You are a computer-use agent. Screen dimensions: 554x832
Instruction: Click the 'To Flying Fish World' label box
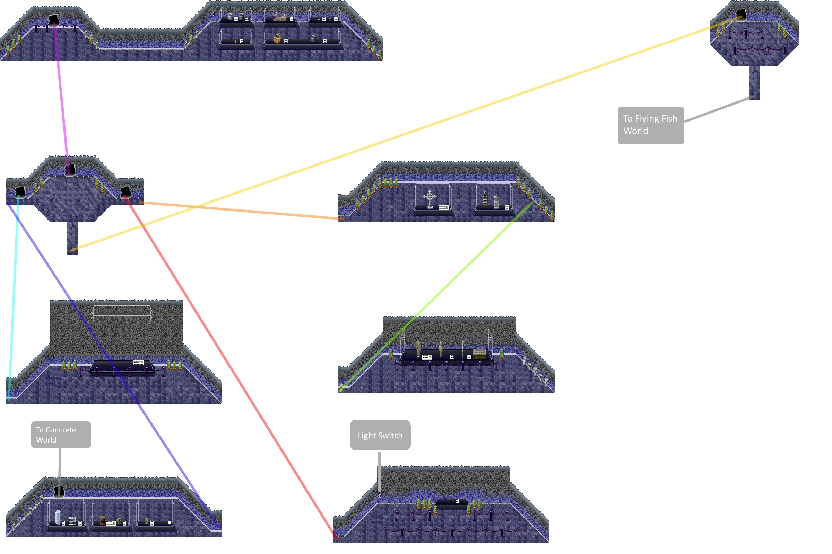pos(651,125)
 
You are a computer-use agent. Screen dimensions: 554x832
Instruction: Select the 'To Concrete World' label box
pos(61,435)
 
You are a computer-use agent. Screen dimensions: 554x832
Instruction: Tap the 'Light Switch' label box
pos(380,435)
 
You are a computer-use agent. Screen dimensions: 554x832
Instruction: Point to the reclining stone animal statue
pos(280,17)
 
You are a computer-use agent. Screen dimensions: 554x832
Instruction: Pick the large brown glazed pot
pos(277,38)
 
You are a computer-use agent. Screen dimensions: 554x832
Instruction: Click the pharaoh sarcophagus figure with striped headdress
pos(418,349)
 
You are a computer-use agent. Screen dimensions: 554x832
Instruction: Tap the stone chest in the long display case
pos(479,353)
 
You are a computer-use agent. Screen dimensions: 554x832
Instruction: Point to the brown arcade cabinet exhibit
pos(102,520)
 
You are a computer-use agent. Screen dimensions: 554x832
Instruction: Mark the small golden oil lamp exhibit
pos(236,42)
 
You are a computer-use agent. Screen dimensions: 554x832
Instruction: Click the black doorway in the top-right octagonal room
pos(741,15)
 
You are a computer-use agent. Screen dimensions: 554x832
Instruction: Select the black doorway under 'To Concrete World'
pos(59,491)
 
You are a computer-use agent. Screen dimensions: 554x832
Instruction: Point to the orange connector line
pos(241,211)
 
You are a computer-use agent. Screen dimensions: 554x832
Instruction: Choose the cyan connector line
pos(14,297)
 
